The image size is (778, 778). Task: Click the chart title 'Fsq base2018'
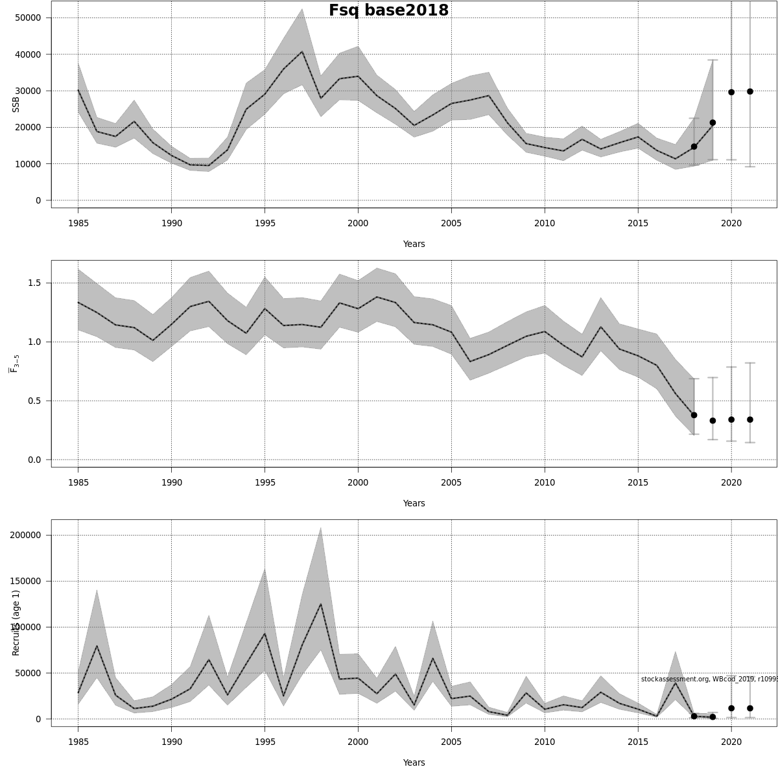click(x=388, y=10)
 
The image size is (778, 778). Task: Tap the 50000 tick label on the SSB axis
click(x=28, y=18)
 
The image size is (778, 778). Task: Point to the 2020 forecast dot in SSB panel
click(x=731, y=92)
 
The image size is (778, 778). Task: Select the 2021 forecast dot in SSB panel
click(x=750, y=91)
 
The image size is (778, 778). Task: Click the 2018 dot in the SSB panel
click(x=694, y=147)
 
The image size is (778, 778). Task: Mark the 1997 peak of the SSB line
click(x=302, y=52)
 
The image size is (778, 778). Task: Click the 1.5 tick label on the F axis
click(x=33, y=283)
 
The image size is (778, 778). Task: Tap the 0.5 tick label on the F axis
click(x=33, y=401)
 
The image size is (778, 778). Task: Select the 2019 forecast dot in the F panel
click(x=713, y=421)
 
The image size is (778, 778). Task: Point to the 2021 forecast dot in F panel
click(x=750, y=419)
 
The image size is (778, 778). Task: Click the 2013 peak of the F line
click(x=600, y=327)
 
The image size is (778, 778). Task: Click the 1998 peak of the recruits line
click(x=320, y=604)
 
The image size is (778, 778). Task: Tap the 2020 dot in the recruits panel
click(x=731, y=709)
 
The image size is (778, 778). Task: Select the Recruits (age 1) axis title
click(x=16, y=622)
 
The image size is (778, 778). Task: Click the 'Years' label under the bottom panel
click(x=414, y=762)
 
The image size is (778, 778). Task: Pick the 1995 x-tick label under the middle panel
click(x=265, y=482)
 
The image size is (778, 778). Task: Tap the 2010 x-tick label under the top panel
click(x=545, y=223)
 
